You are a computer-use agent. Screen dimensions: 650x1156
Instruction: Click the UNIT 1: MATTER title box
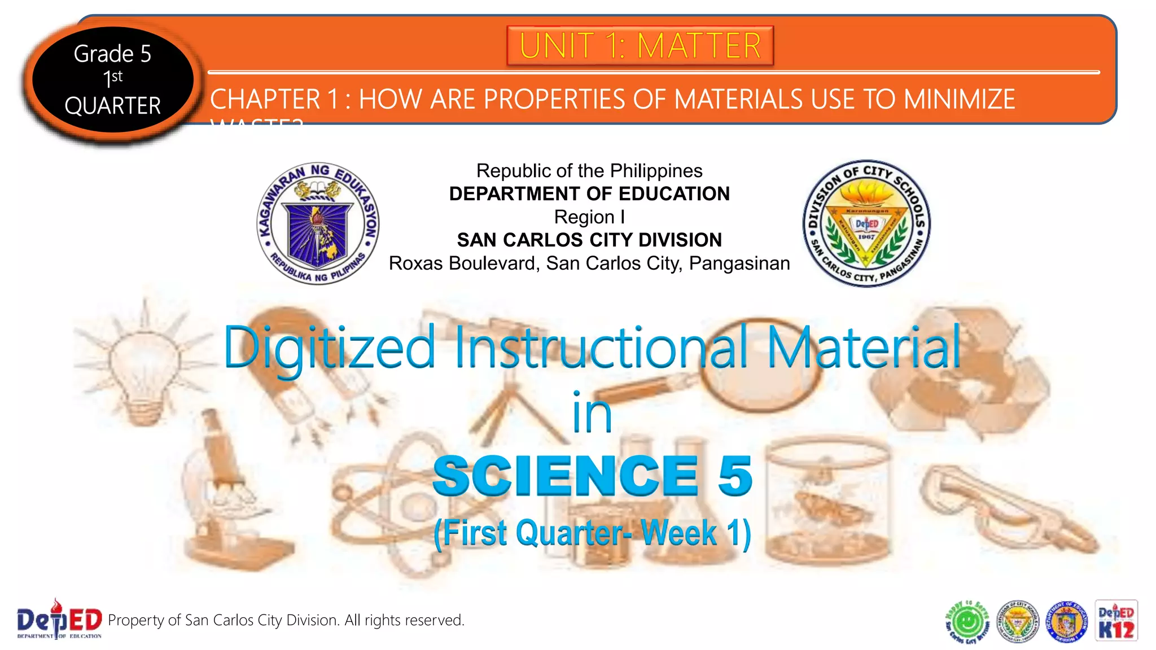[640, 46]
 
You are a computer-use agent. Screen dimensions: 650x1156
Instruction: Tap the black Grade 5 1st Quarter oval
[112, 80]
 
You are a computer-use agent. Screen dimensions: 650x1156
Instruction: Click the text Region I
[589, 217]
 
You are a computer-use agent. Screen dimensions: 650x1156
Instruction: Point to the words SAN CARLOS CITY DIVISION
[589, 240]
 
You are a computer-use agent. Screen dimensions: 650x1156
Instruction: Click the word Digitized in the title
[330, 348]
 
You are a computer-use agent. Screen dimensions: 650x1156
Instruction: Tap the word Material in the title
[864, 348]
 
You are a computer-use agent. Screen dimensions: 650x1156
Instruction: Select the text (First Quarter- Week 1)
[592, 533]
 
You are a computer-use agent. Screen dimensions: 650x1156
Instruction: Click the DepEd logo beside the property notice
[59, 620]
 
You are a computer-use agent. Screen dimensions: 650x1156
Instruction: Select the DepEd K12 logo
[1116, 621]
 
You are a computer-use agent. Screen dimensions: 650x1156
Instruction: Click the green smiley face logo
[967, 622]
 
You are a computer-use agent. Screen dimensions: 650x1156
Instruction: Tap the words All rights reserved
[404, 620]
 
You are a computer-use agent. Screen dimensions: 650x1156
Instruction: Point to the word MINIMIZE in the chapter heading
[959, 100]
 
